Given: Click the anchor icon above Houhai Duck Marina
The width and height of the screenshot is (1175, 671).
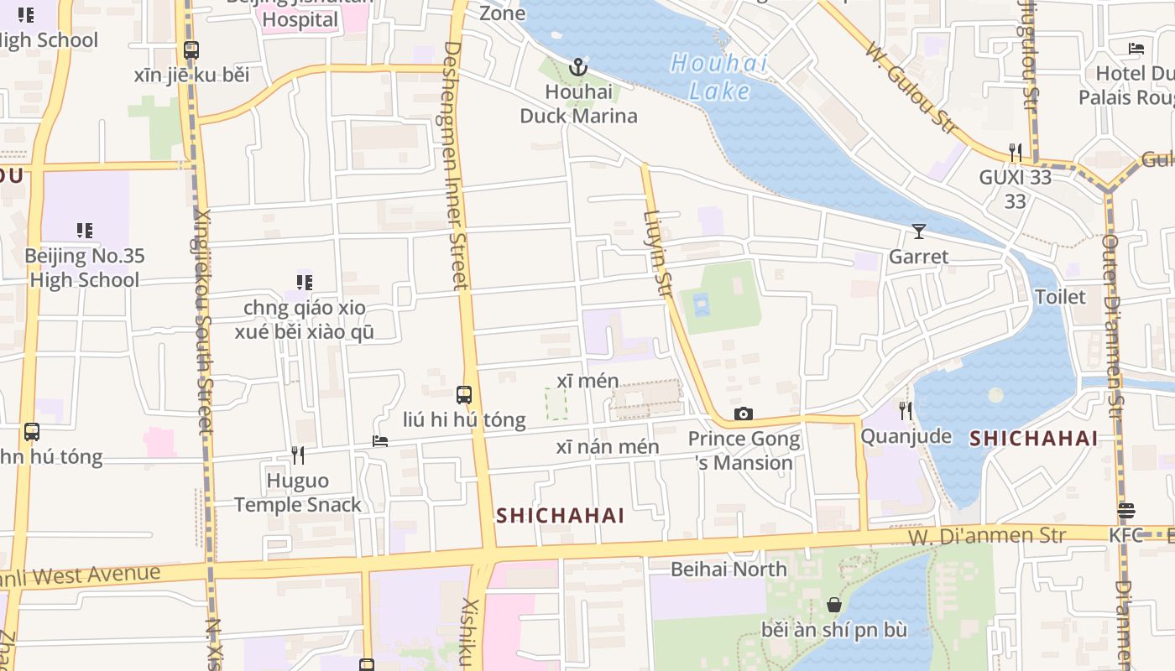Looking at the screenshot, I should coord(578,67).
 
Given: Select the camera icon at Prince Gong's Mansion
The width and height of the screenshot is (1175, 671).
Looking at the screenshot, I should coord(743,414).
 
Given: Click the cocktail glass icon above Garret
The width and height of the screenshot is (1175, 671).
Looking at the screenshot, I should coord(919,231).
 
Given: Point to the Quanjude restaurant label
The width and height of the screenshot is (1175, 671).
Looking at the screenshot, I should coord(906,436).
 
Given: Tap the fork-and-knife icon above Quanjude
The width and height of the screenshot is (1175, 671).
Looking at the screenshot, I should coord(905,410).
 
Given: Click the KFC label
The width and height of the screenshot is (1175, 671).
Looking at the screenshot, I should coord(1126,535).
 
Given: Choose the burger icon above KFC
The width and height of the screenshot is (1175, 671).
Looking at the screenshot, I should coord(1126,511).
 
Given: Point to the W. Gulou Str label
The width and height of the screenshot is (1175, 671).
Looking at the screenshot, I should coord(911,87).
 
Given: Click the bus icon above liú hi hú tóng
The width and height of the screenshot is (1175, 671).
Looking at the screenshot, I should coord(463,394).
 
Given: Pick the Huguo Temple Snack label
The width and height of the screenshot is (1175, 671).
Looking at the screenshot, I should coord(297,492).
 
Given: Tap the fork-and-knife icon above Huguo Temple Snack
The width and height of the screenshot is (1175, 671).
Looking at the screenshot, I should coord(297,455).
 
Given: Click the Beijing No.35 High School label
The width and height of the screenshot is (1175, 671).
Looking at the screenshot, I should coord(84,268).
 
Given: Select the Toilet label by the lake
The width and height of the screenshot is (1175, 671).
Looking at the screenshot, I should coord(1060,297).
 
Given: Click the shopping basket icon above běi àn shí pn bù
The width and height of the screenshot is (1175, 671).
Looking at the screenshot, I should coord(834,604).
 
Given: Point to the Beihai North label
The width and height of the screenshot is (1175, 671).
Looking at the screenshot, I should coord(728,569).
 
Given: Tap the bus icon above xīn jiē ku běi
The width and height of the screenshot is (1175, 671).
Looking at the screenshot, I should coord(191,50).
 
